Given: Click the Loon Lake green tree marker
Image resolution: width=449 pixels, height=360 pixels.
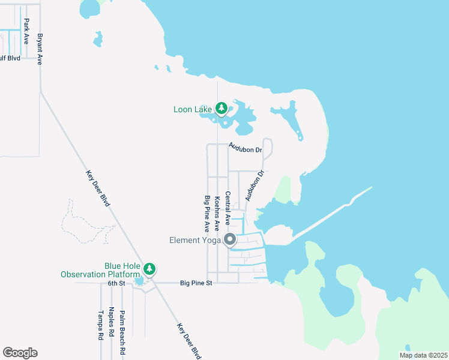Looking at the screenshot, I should pyautogui.click(x=221, y=109).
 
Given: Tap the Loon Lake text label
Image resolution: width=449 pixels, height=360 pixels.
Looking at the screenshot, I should pyautogui.click(x=193, y=109).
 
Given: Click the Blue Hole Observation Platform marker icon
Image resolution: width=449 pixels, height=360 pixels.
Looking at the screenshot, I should pyautogui.click(x=149, y=268).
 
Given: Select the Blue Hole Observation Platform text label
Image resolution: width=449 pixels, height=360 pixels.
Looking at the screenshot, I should pyautogui.click(x=101, y=270).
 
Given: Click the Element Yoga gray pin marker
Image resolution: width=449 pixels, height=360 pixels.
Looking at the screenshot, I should pyautogui.click(x=230, y=239).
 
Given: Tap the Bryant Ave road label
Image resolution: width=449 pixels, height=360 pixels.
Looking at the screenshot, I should pyautogui.click(x=40, y=49).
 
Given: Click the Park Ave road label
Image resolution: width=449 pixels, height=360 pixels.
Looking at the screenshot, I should pyautogui.click(x=26, y=31).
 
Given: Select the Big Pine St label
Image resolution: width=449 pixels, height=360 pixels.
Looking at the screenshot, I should pyautogui.click(x=196, y=283).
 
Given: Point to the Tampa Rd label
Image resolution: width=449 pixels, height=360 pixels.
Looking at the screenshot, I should pyautogui.click(x=101, y=325).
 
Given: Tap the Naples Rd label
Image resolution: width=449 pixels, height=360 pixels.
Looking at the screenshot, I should pyautogui.click(x=111, y=322).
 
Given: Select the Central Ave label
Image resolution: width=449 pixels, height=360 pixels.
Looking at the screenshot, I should pyautogui.click(x=228, y=208).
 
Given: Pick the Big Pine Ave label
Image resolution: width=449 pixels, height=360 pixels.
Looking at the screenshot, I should pyautogui.click(x=207, y=213).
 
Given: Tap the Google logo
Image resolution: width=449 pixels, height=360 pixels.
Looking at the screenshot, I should pyautogui.click(x=20, y=353).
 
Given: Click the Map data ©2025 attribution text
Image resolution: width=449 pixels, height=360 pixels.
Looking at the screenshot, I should pyautogui.click(x=423, y=355).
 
